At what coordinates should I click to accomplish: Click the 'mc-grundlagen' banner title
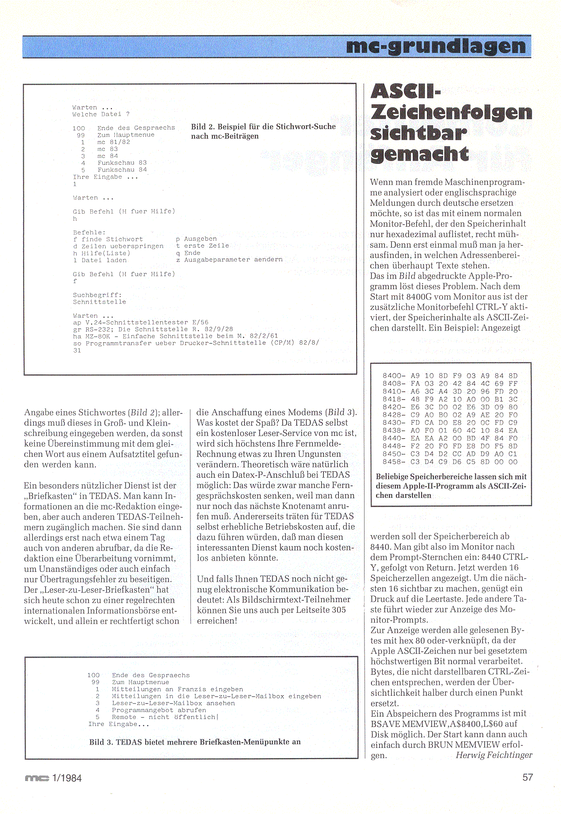[x=436, y=47]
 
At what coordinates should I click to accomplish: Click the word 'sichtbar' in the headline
[x=418, y=133]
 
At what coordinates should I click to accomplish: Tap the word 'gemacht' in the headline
[x=419, y=154]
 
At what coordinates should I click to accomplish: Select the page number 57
[x=527, y=777]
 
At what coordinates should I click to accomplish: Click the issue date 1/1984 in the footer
[x=67, y=778]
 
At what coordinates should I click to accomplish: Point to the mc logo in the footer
[x=37, y=778]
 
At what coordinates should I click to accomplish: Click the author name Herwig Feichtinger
[x=493, y=755]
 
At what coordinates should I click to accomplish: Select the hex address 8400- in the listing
[x=394, y=376]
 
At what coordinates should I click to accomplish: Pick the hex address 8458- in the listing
[x=394, y=462]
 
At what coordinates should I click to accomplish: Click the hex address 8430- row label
[x=394, y=423]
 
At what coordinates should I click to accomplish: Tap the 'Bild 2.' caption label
[x=203, y=127]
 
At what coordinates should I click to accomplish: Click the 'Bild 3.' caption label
[x=101, y=742]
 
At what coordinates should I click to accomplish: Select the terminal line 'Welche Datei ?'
[x=101, y=114]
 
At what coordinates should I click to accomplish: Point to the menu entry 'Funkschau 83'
[x=122, y=163]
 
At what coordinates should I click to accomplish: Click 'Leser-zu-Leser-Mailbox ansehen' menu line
[x=173, y=703]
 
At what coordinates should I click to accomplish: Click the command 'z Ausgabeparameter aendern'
[x=229, y=260]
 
